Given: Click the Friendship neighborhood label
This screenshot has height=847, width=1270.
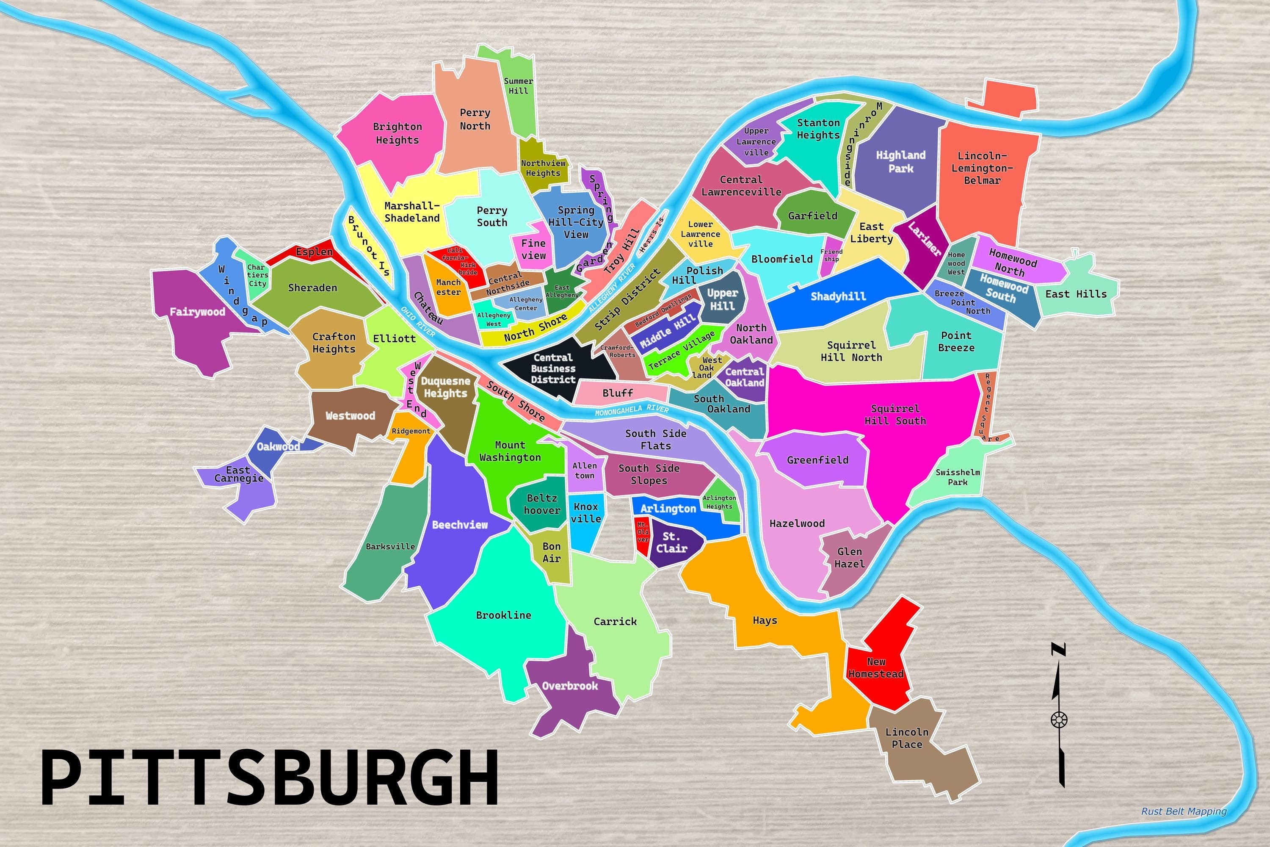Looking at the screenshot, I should click(x=831, y=255).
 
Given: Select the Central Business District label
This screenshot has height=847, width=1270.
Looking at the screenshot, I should click(x=553, y=368).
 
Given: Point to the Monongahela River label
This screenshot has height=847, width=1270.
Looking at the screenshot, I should click(x=631, y=410).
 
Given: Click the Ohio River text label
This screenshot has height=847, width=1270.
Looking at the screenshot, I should click(x=417, y=321).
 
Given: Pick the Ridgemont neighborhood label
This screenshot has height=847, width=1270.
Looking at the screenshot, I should click(x=411, y=431).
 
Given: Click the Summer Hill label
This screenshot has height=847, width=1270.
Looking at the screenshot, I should click(x=518, y=86).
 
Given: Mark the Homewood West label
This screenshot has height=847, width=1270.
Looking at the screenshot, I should click(x=956, y=263).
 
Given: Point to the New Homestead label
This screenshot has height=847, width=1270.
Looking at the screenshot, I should click(x=876, y=668).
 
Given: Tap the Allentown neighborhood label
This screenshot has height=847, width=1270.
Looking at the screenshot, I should click(x=584, y=471).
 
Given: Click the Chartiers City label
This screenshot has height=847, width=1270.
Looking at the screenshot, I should click(x=257, y=275).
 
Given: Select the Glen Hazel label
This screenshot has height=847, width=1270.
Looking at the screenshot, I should click(x=849, y=557).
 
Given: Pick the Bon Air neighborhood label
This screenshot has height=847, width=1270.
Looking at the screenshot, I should click(x=551, y=552).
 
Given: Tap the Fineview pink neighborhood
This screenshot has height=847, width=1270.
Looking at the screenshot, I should click(x=533, y=249).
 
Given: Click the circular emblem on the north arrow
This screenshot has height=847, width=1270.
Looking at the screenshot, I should click(x=1059, y=720).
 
